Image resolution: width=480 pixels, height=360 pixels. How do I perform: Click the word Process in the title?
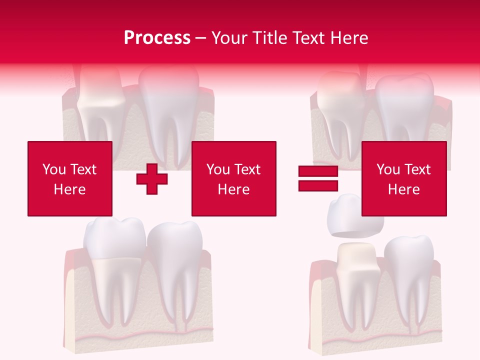[x=157, y=37]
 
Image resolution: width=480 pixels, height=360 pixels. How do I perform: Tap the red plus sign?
[x=152, y=179]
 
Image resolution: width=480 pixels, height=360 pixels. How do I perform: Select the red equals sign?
[x=318, y=179]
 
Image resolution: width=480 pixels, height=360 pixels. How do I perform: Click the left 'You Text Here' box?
[x=70, y=178]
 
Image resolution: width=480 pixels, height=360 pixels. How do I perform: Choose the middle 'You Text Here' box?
[x=233, y=178]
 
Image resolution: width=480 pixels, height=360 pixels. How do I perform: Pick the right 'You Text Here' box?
[x=403, y=178]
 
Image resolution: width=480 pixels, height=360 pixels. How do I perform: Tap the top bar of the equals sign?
[x=318, y=172]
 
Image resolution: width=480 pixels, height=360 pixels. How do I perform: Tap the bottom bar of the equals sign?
[x=318, y=185]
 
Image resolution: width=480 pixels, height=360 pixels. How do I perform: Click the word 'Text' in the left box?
[x=82, y=169]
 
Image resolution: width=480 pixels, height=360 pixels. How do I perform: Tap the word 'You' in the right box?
[x=387, y=169]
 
